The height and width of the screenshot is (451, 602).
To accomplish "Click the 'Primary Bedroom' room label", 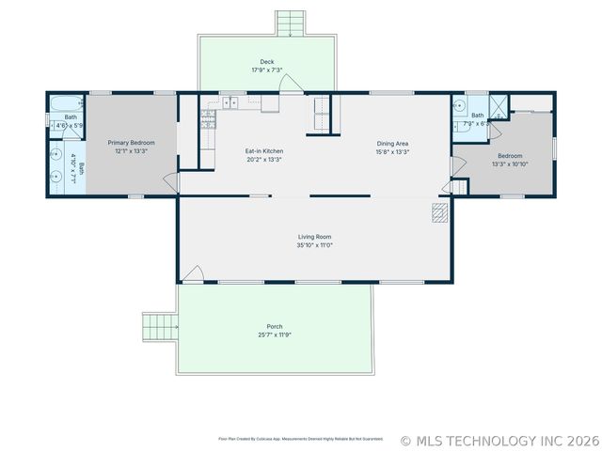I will (x=130, y=142).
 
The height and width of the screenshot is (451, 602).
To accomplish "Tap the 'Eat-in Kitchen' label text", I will (x=263, y=151).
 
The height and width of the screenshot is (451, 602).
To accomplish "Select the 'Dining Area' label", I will (x=392, y=144).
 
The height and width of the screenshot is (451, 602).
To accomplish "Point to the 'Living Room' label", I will (x=314, y=237).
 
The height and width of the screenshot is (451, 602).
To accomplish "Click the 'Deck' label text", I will (x=267, y=62).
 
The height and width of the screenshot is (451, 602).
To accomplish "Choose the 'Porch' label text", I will (x=274, y=327).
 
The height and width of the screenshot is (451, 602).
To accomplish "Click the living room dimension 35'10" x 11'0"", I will (x=314, y=245).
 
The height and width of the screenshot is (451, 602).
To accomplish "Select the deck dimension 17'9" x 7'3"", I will (x=267, y=70).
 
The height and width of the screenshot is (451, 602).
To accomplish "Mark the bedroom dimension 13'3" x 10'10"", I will (x=509, y=163).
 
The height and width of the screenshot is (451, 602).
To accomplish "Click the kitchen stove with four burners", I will (x=208, y=118).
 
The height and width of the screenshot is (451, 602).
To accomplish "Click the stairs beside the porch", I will (x=160, y=327).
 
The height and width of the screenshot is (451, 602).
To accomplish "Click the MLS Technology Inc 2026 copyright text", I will (x=499, y=440).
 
